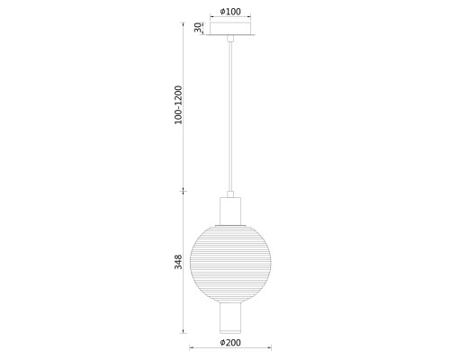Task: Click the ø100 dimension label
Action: click(230, 12)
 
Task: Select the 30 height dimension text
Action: click(198, 28)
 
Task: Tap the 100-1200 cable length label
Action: click(178, 104)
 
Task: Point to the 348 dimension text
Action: click(178, 262)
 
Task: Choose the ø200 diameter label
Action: click(230, 343)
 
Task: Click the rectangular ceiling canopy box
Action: click(230, 29)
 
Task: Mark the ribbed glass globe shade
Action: click(230, 264)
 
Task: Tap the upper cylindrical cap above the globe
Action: click(230, 211)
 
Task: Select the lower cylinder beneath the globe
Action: click(230, 318)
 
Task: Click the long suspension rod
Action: click(230, 116)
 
